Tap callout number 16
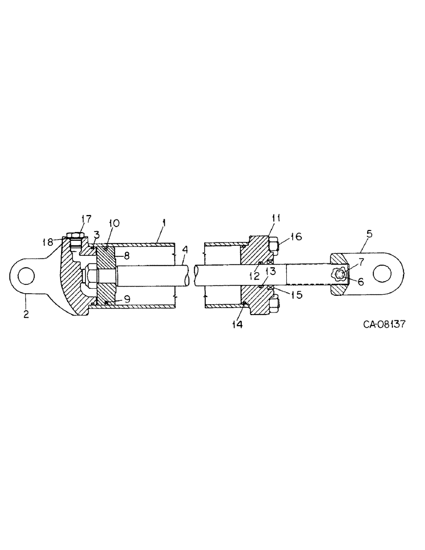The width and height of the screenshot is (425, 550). tap(296, 237)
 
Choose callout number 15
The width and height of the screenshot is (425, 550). tap(296, 294)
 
